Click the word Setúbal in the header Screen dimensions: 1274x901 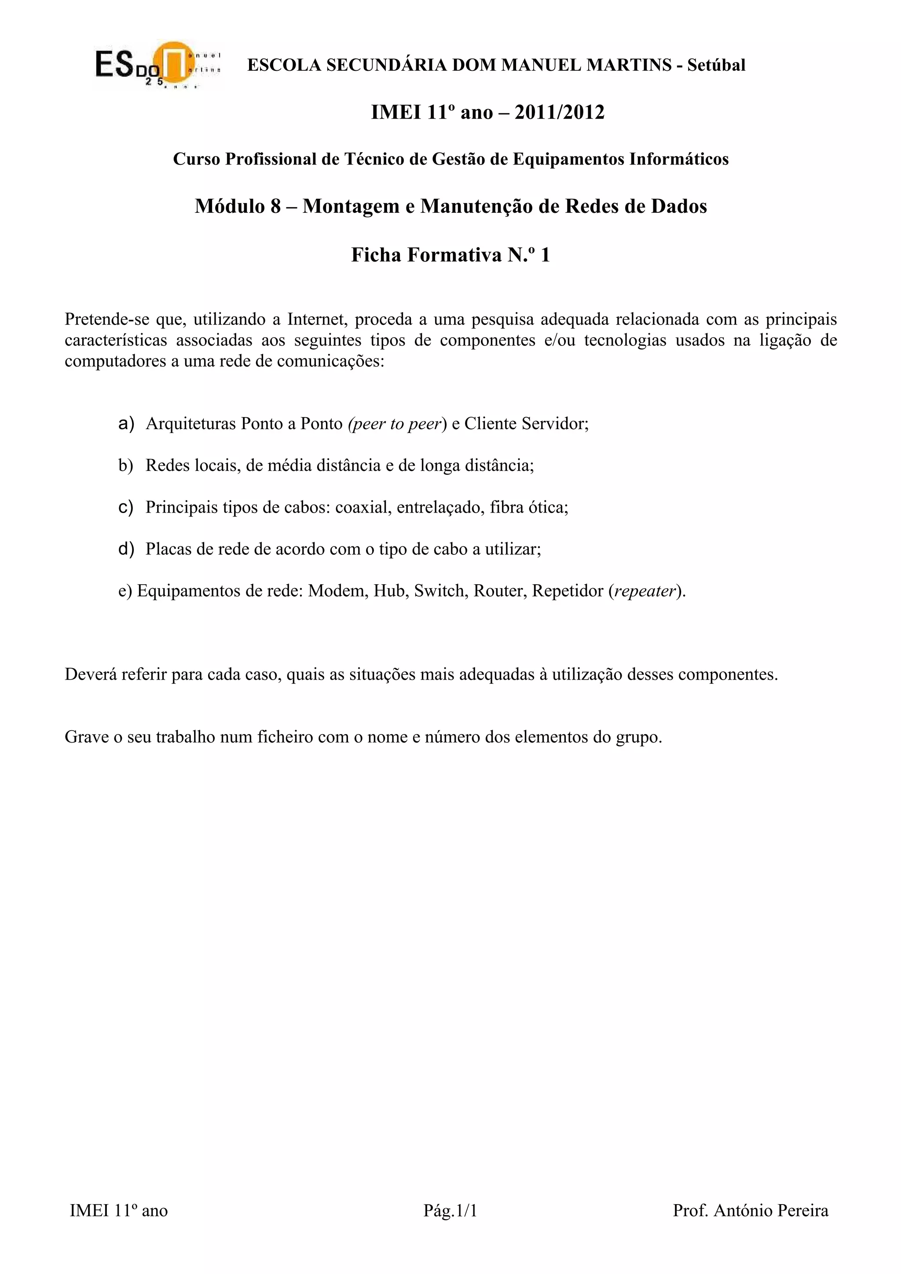(716, 66)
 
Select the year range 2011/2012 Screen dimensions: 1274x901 (559, 113)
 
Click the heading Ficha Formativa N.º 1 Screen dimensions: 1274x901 (450, 255)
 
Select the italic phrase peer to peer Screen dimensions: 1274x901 (396, 424)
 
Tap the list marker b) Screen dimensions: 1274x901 (126, 466)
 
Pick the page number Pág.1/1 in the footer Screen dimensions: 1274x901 (450, 1210)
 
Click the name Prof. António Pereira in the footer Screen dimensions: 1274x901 (750, 1210)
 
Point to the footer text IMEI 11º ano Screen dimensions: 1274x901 (119, 1210)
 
